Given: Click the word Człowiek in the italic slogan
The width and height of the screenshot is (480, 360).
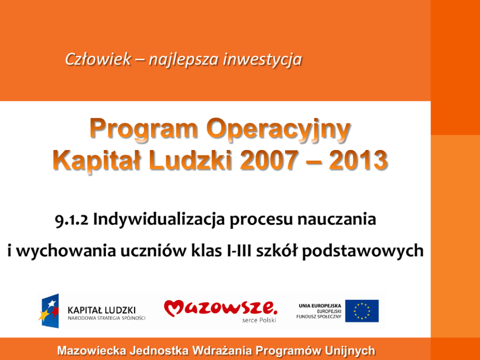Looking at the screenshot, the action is (x=98, y=59).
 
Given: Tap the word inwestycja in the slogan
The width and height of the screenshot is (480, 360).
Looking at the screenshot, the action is (x=263, y=60).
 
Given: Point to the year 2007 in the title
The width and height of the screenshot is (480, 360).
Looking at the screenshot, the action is (x=269, y=160).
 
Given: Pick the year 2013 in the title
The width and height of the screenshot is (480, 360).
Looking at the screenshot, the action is (x=359, y=160).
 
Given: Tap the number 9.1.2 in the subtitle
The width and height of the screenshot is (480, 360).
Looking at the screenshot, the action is (x=72, y=220).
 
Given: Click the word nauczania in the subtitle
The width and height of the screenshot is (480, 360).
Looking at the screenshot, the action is (x=337, y=220).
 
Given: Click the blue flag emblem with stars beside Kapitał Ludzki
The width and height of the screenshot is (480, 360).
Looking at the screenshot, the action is (x=49, y=311).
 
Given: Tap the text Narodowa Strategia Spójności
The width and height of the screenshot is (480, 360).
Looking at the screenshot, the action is (x=106, y=318).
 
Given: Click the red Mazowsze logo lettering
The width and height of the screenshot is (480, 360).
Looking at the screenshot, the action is (x=221, y=308).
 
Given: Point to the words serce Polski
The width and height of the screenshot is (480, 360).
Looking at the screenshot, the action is (x=259, y=320).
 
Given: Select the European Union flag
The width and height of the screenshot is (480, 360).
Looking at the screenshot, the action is (x=362, y=311).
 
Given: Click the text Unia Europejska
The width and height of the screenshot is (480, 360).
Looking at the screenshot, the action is (x=320, y=306).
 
